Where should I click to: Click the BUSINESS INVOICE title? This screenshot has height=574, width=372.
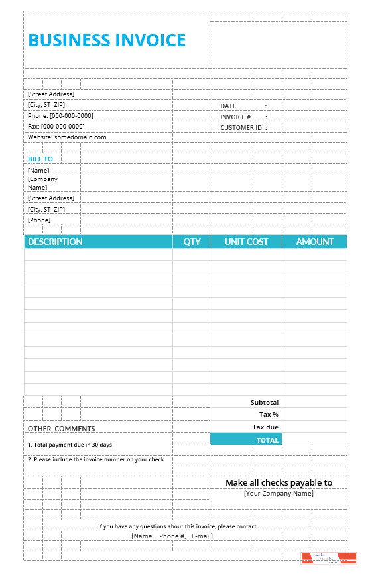tap(107, 40)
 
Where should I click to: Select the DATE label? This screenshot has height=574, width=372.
tap(228, 106)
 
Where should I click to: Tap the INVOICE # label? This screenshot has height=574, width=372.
tap(235, 117)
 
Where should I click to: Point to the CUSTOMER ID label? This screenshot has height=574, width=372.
tap(241, 127)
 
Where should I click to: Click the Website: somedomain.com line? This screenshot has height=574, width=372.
tap(67, 137)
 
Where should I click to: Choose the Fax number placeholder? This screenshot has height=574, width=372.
tap(56, 126)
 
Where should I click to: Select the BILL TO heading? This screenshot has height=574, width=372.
tap(40, 159)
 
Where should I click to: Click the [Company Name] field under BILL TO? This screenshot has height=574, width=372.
tap(42, 183)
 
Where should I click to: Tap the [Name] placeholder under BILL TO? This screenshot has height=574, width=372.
tap(38, 171)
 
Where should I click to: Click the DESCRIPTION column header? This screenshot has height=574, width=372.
tap(55, 242)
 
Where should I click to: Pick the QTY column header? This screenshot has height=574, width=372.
tap(192, 242)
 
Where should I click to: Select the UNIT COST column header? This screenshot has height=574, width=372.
tap(246, 242)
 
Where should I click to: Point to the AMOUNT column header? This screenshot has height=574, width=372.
tap(315, 242)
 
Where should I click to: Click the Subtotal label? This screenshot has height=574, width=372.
tap(265, 402)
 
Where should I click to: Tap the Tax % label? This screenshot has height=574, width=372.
tap(269, 414)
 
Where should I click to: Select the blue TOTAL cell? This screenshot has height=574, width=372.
tap(246, 439)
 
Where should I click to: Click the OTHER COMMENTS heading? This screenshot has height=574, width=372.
tap(61, 429)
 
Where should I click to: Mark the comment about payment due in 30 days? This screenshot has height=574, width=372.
tap(70, 445)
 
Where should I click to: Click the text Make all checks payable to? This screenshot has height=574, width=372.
tap(279, 483)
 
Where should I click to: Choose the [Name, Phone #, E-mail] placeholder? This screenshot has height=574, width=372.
tap(172, 536)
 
